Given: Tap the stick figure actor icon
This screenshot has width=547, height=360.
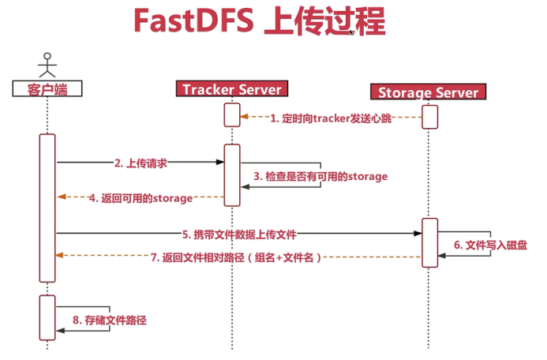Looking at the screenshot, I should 47,65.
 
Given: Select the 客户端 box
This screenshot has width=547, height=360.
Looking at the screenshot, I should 47,88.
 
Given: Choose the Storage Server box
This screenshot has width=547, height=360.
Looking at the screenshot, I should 429,92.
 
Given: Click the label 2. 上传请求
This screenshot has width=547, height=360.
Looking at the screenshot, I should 140,163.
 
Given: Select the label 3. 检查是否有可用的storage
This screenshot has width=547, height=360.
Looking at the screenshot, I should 320,176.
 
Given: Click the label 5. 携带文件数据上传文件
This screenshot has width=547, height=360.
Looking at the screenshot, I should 239,234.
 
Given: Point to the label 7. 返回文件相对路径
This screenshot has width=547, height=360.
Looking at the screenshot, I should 238,257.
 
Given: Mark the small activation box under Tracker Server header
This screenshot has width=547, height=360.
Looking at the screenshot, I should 232,115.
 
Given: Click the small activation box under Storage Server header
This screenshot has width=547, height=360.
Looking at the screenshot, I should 429,116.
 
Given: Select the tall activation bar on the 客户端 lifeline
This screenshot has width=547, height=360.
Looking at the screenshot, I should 47,207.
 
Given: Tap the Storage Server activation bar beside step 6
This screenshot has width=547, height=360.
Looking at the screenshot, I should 429,242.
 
